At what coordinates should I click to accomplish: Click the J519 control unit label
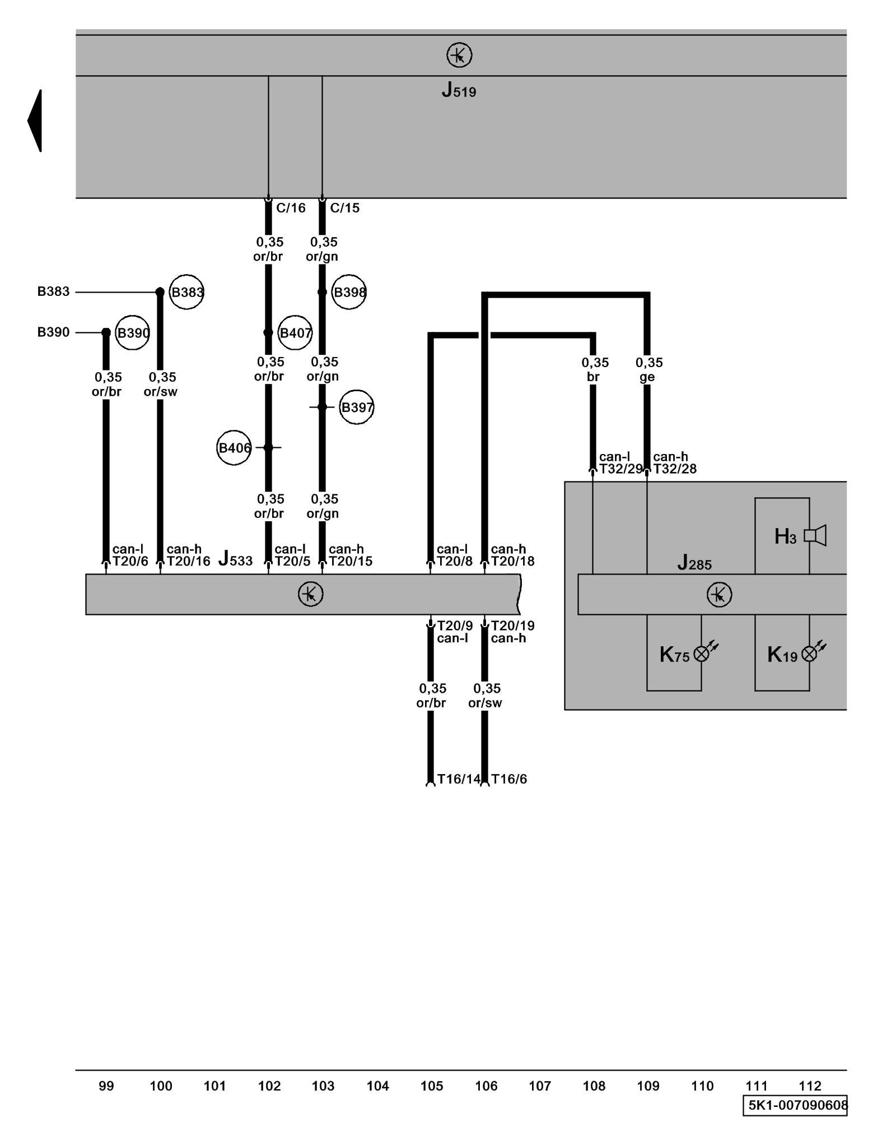pyautogui.click(x=459, y=90)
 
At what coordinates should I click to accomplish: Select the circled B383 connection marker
pyautogui.click(x=186, y=292)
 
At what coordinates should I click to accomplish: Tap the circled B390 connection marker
pyautogui.click(x=133, y=333)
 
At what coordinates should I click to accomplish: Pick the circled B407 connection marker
pyautogui.click(x=295, y=333)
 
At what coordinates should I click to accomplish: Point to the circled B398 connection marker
pyautogui.click(x=349, y=292)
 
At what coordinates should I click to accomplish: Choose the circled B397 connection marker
pyautogui.click(x=357, y=407)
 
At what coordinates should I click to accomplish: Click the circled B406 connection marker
pyautogui.click(x=234, y=448)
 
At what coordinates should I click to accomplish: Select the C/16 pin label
pyautogui.click(x=291, y=208)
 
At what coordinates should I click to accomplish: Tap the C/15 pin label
pyautogui.click(x=344, y=208)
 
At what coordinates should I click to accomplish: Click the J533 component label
pyautogui.click(x=235, y=559)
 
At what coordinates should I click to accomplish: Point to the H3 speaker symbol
pyautogui.click(x=815, y=536)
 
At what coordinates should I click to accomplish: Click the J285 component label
pyautogui.click(x=694, y=563)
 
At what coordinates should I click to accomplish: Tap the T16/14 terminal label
pyautogui.click(x=459, y=779)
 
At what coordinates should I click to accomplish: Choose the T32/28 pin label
pyautogui.click(x=675, y=469)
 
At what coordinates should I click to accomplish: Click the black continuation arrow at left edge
pyautogui.click(x=35, y=121)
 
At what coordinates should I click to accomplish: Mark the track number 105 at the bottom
pyautogui.click(x=432, y=1086)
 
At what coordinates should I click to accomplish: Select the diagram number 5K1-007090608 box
pyautogui.click(x=795, y=1105)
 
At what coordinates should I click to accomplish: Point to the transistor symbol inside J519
pyautogui.click(x=459, y=55)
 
